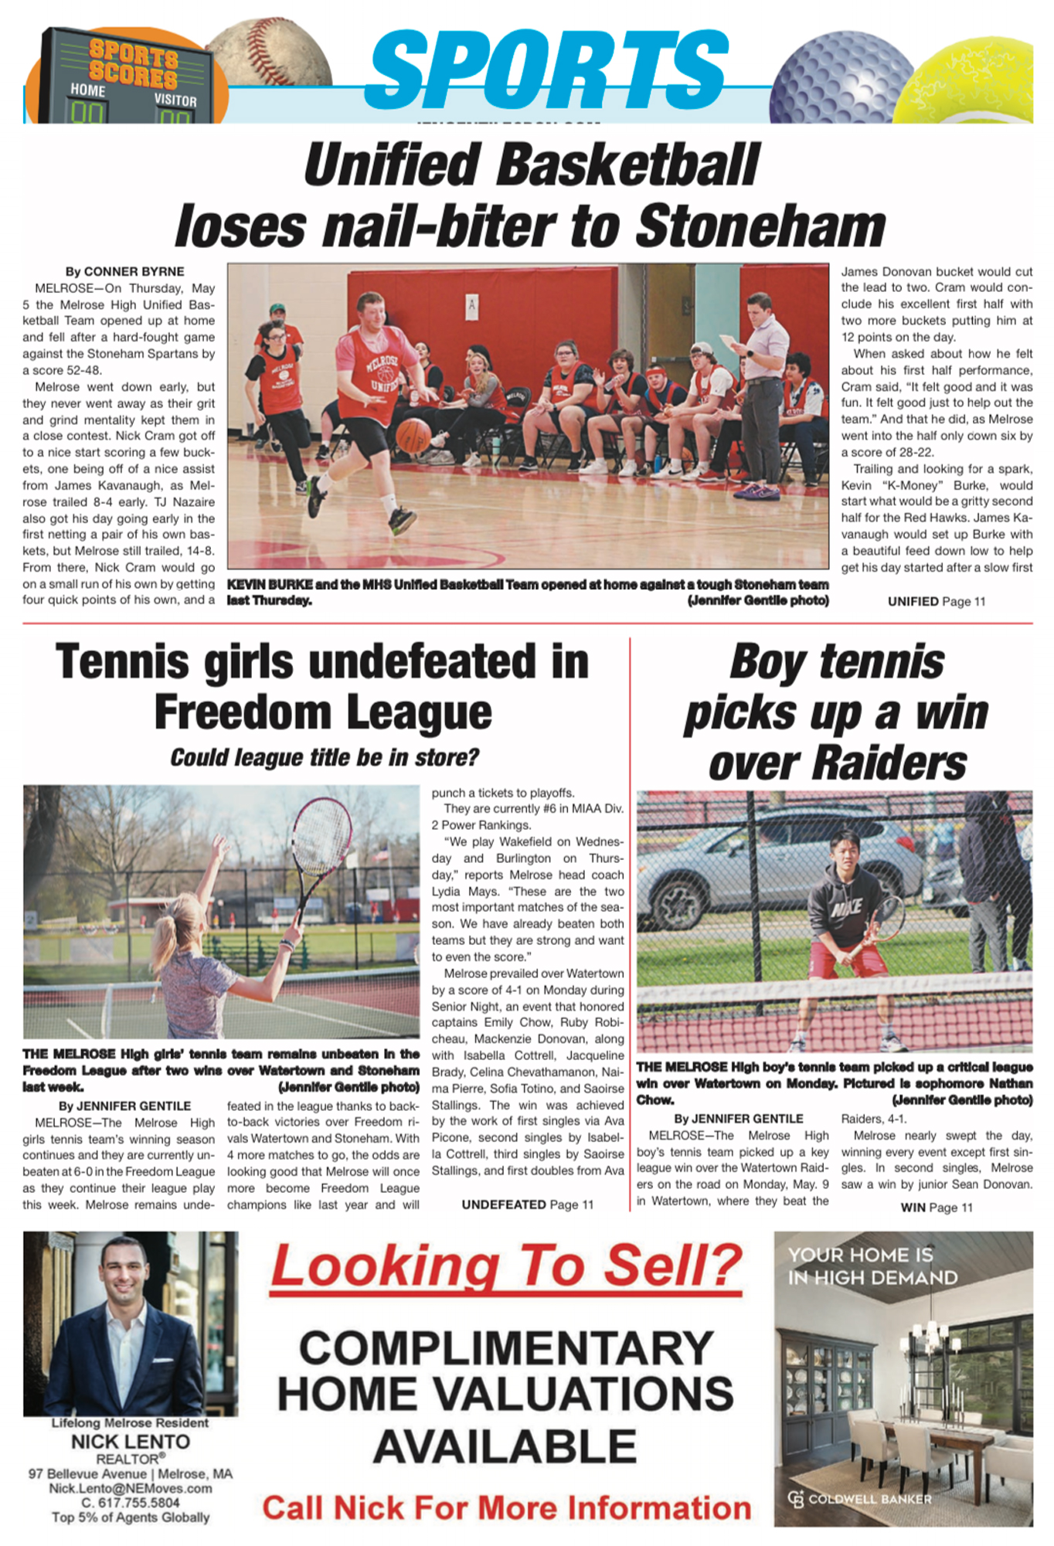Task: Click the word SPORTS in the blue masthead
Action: tap(549, 71)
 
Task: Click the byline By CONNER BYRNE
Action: tap(124, 272)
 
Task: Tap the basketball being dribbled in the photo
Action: tap(413, 435)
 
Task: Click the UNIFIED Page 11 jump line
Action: tap(936, 601)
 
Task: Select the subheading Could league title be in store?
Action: tap(325, 757)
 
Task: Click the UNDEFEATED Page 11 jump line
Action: tap(527, 1205)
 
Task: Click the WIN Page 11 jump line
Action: tap(936, 1208)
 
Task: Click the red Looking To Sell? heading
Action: tap(506, 1266)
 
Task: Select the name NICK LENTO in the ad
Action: tap(130, 1442)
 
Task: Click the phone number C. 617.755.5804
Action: tap(130, 1503)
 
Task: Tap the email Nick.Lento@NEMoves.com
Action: tap(130, 1488)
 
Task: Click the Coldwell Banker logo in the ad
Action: tap(859, 1499)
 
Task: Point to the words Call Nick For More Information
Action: tap(506, 1507)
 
